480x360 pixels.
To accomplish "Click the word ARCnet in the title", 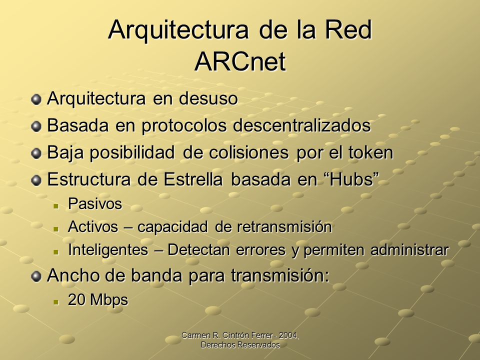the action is pyautogui.click(x=240, y=61).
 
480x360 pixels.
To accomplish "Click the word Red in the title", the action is pyautogui.click(x=348, y=29).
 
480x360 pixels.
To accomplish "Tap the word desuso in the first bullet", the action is pyautogui.click(x=208, y=98).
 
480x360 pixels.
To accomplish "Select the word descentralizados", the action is pyautogui.click(x=302, y=125).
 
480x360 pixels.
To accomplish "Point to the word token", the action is pyautogui.click(x=370, y=152).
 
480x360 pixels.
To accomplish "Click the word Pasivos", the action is pyautogui.click(x=95, y=203).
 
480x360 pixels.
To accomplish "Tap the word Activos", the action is pyautogui.click(x=93, y=226).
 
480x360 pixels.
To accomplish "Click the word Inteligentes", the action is pyautogui.click(x=108, y=250).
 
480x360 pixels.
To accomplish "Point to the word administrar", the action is pyautogui.click(x=409, y=250).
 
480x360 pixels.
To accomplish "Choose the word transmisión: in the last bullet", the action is pyautogui.click(x=280, y=275).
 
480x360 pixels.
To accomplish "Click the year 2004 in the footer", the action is pyautogui.click(x=288, y=335).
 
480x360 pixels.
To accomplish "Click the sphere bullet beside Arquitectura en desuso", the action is pyautogui.click(x=36, y=99).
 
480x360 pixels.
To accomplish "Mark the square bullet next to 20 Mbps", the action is pyautogui.click(x=55, y=301).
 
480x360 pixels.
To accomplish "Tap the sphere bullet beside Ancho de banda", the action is pyautogui.click(x=36, y=276).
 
